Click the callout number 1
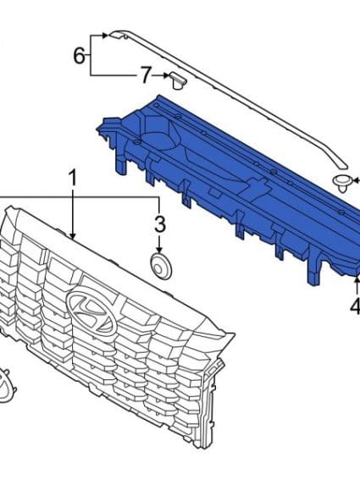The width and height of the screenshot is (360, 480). pos(72,179)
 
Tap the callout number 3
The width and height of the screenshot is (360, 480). pos(160,224)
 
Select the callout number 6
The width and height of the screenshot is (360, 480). pos(79,56)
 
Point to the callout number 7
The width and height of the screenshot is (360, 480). pos(147,75)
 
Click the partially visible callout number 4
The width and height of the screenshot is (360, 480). pos(355,306)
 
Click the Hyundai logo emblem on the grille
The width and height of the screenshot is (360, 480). pos(92,309)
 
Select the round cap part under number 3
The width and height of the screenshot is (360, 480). pos(162,267)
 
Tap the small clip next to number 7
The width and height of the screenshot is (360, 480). pos(177,80)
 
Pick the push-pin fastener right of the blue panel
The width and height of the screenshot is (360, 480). pos(342,184)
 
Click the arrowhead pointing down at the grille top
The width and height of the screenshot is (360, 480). pos(73,235)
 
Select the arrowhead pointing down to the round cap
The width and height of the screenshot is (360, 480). pos(159,250)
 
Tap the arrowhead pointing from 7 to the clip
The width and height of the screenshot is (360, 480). pos(166,75)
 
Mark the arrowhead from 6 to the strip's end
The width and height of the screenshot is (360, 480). pos(104,36)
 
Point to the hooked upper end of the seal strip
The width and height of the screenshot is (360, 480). pos(119,34)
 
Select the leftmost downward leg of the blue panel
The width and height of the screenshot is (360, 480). pos(121,163)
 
